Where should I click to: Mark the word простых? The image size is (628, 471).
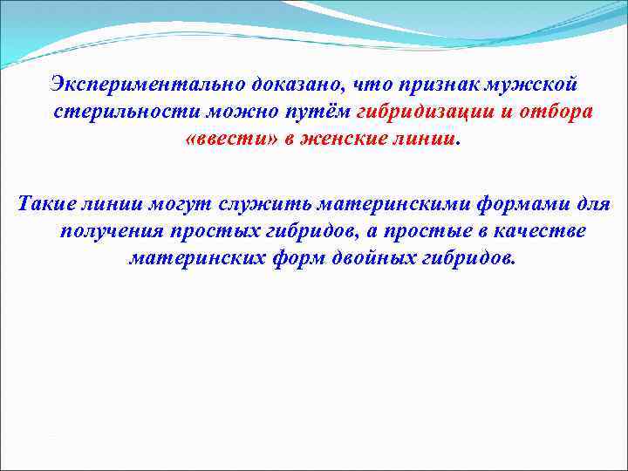[x=210, y=232]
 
